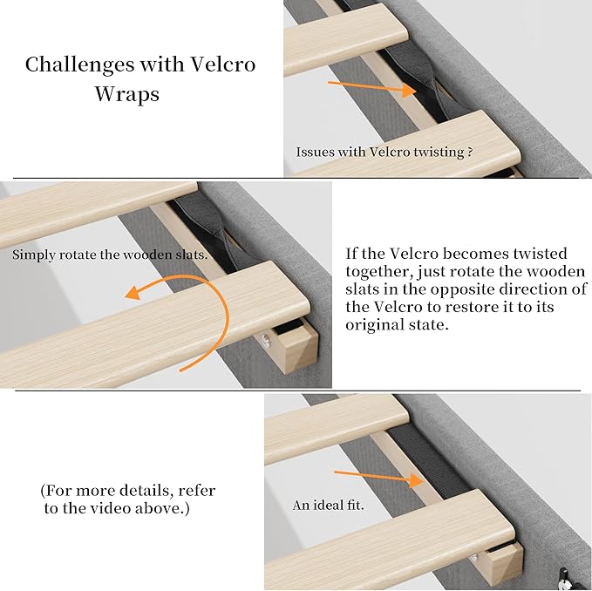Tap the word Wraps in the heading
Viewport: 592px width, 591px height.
coord(127,93)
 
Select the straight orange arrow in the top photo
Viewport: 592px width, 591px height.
coord(371,87)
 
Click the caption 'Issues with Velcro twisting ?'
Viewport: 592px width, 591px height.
coord(384,152)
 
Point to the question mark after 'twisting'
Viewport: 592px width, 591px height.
coord(470,152)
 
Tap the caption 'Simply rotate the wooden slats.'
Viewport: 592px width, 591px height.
coord(110,255)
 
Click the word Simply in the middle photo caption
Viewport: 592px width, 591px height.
coord(33,255)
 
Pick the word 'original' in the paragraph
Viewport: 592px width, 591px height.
coord(373,325)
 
